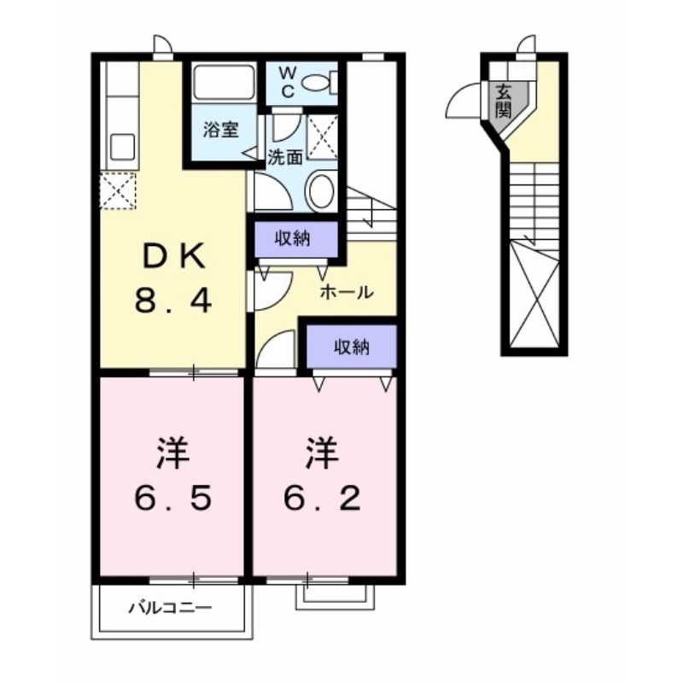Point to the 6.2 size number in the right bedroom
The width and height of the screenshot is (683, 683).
[324, 497]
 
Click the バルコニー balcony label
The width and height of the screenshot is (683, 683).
[170, 609]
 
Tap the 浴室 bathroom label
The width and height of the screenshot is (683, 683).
[219, 131]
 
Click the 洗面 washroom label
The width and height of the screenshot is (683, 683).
[284, 157]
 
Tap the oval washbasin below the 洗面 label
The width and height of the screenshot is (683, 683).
[321, 190]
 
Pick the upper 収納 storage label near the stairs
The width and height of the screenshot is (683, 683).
[292, 239]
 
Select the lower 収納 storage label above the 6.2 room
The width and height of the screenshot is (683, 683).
[351, 347]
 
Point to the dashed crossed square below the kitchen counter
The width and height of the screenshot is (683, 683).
[118, 190]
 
